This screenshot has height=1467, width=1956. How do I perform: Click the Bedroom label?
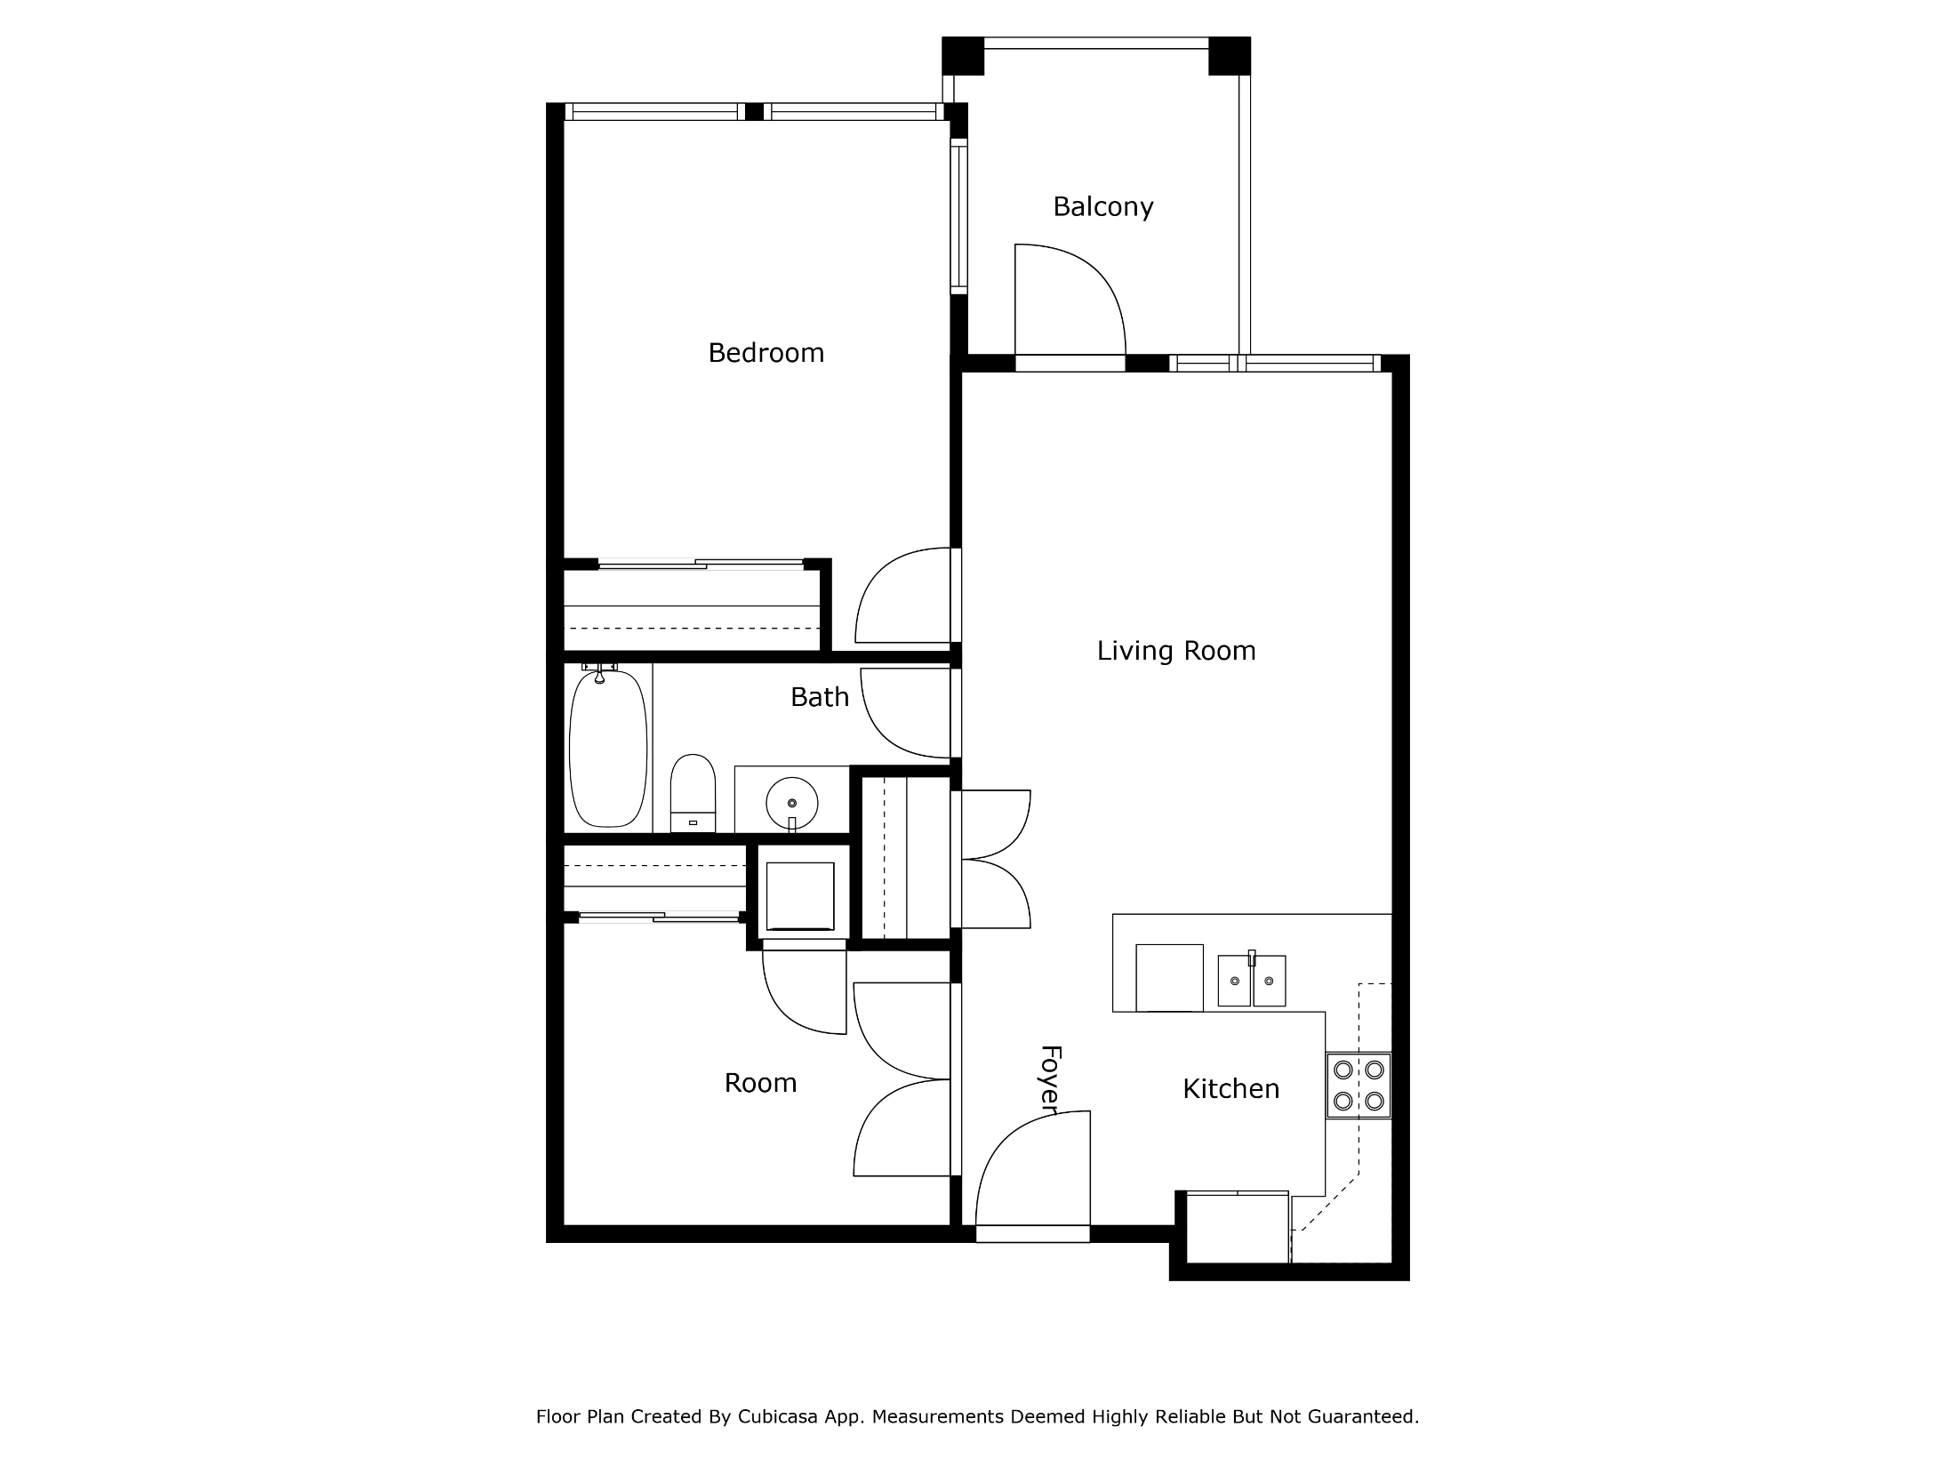(x=766, y=353)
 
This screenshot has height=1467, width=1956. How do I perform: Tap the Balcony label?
(x=1102, y=207)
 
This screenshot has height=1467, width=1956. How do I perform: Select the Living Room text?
(x=1176, y=651)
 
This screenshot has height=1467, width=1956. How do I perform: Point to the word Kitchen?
(x=1231, y=1088)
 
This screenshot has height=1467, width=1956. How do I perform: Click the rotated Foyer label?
(x=1051, y=1078)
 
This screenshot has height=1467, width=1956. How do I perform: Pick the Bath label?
(x=819, y=697)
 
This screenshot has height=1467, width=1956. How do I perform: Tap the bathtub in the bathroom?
(x=608, y=748)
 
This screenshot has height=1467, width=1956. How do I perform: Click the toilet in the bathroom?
(x=693, y=793)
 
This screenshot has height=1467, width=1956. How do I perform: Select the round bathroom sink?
(x=791, y=803)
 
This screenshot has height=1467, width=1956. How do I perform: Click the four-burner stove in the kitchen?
(x=1359, y=1085)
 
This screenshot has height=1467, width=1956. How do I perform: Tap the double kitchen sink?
(x=1251, y=981)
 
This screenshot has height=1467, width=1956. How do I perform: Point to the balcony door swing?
(x=1070, y=299)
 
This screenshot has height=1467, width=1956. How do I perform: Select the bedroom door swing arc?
(x=902, y=595)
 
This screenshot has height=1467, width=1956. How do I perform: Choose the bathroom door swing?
(x=905, y=713)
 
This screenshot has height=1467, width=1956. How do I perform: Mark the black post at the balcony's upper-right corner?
(x=1230, y=56)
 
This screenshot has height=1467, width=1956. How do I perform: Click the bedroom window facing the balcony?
(x=958, y=216)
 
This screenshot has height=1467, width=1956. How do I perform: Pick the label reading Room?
(x=760, y=1083)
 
